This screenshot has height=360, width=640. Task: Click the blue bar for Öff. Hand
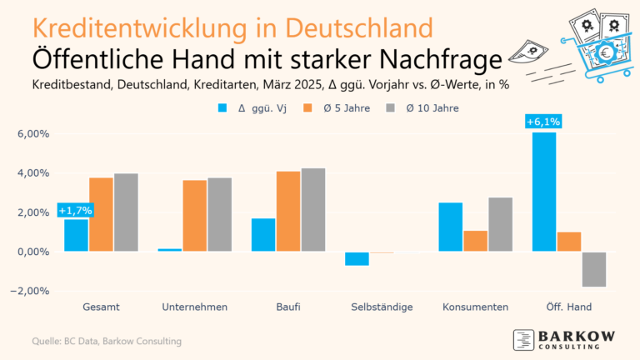544,192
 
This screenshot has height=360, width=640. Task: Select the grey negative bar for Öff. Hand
594,269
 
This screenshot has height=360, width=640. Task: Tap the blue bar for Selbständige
357,258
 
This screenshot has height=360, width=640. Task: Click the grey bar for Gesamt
126,212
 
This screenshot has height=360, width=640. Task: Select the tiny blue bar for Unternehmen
170,249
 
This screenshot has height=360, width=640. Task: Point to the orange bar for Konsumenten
475,241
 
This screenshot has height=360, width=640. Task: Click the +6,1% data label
543,122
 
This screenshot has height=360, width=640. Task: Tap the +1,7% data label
75,210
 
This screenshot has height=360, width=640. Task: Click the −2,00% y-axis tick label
31,291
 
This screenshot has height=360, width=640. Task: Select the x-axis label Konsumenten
475,307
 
